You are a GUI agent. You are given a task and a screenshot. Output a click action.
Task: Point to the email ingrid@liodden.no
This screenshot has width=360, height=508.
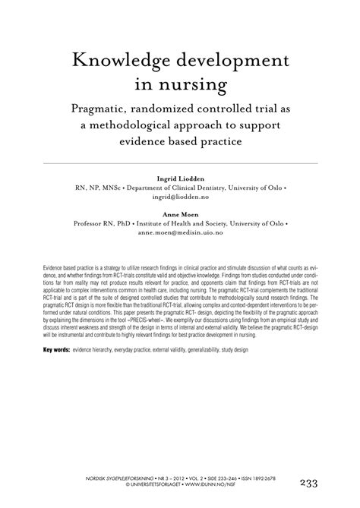180,196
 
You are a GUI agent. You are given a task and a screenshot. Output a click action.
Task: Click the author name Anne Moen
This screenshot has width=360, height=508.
180,215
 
